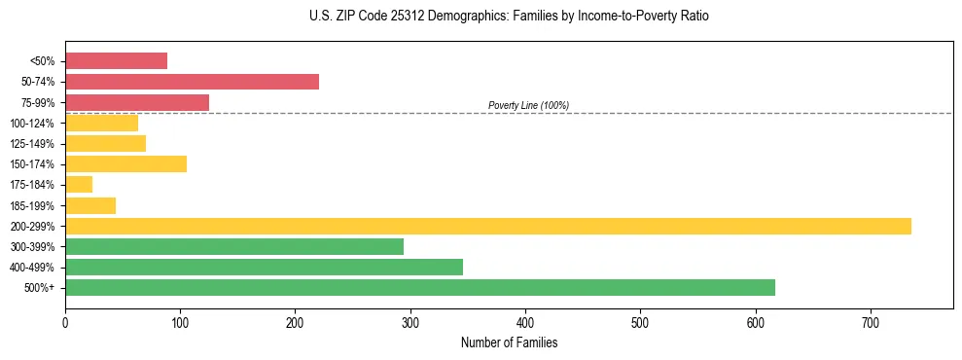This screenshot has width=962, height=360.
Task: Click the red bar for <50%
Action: click(116, 61)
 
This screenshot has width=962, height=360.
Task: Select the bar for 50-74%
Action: click(192, 82)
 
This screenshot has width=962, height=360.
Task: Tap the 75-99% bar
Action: click(137, 102)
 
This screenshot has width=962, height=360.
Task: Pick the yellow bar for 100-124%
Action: click(101, 123)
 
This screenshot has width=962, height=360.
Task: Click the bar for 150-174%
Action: click(125, 163)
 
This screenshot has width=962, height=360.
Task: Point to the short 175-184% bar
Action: click(79, 185)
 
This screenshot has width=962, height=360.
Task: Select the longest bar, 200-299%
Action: click(487, 226)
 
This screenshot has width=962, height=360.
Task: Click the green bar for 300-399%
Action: click(233, 246)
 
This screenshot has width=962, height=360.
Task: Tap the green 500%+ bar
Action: click(419, 287)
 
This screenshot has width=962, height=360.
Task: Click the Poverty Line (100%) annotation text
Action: click(528, 105)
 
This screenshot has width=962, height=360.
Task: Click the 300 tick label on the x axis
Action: click(410, 321)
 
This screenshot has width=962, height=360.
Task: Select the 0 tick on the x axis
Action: click(65, 321)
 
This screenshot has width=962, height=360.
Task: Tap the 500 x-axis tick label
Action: click(640, 321)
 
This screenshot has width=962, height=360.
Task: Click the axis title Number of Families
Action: click(509, 342)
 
